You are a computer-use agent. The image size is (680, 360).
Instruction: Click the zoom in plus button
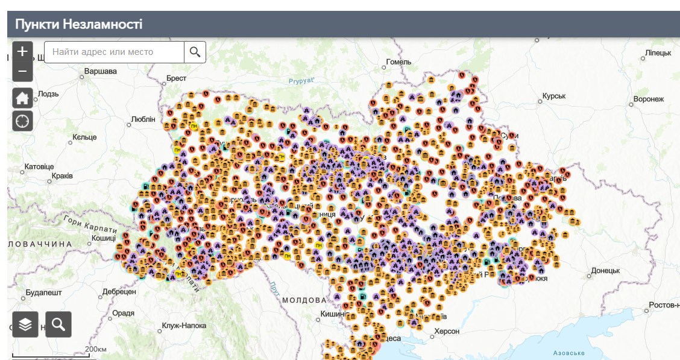click(22, 51)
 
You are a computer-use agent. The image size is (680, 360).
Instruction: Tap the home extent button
click(22, 98)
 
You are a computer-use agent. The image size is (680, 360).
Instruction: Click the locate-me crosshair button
click(22, 121)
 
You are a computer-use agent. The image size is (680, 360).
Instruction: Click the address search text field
click(115, 52)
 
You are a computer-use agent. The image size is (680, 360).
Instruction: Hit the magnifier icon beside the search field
click(195, 52)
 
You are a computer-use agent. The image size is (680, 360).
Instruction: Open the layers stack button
click(25, 324)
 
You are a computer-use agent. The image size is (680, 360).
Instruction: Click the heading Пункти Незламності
click(79, 24)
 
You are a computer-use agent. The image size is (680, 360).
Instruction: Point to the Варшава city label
click(100, 71)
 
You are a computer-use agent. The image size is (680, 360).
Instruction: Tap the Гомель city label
click(398, 62)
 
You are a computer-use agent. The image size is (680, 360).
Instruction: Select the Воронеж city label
click(648, 99)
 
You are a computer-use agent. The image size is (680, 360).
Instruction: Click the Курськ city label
click(553, 96)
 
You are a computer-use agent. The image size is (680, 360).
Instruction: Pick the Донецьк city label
click(605, 271)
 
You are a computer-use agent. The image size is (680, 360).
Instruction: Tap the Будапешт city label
click(43, 292)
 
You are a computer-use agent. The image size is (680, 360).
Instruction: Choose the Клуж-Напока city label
click(184, 326)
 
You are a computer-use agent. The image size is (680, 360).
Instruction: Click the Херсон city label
click(447, 331)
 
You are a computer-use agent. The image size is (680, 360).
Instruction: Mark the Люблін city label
click(143, 119)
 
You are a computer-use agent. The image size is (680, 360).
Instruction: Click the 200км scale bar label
click(95, 349)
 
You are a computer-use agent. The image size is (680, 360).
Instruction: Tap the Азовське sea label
click(569, 353)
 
